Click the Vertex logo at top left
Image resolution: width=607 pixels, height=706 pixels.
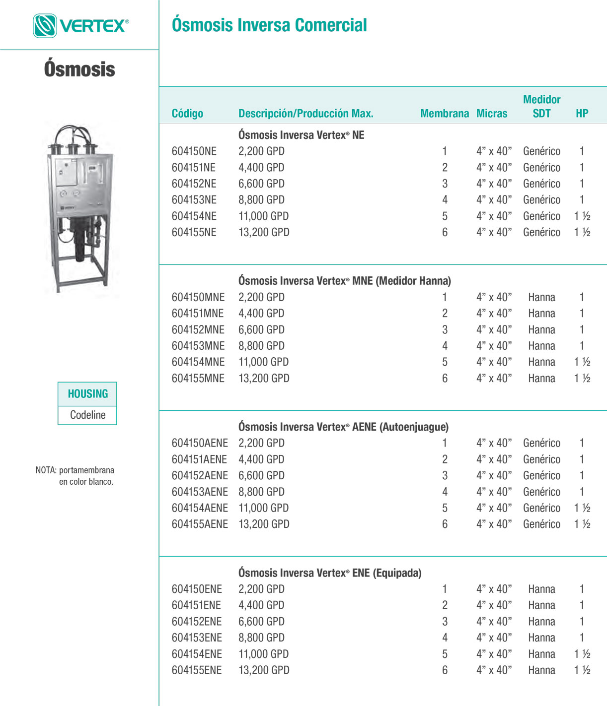81,26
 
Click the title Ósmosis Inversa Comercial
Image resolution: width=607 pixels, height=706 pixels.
269,25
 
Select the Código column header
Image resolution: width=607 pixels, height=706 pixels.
187,114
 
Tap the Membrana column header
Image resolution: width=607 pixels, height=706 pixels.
444,114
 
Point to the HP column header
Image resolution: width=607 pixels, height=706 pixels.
582,114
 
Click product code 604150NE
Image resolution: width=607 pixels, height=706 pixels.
194,151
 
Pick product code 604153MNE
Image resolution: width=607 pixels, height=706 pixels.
198,346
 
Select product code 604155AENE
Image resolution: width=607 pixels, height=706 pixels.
200,524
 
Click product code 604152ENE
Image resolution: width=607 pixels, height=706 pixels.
197,622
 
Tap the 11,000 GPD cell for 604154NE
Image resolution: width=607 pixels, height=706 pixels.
263,216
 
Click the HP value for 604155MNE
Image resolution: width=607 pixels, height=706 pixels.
582,379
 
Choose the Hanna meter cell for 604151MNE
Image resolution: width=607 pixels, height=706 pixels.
541,314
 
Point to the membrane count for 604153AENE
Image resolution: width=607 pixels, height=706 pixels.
445,492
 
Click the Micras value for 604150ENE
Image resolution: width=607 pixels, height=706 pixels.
494,589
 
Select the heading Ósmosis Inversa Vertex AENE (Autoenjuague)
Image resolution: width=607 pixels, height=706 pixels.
343,427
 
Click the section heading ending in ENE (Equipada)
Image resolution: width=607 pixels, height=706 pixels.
330,573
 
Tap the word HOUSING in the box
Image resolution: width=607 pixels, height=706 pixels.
88,394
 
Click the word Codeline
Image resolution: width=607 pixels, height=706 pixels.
88,415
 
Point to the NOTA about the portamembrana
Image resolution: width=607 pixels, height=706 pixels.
75,476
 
